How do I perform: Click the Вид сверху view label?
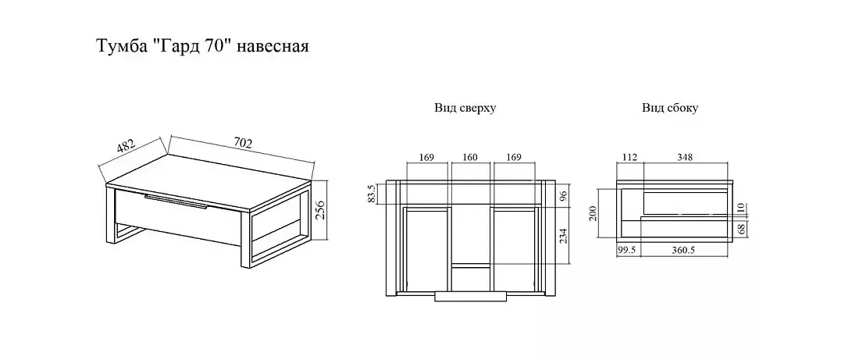pyautogui.click(x=465, y=108)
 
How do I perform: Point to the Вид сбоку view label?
pyautogui.click(x=670, y=108)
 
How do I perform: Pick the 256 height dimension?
pyautogui.click(x=319, y=210)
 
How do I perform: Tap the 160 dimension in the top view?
pyautogui.click(x=471, y=158)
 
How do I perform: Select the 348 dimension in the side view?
pyautogui.click(x=686, y=158)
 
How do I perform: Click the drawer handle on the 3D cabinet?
pyautogui.click(x=175, y=205)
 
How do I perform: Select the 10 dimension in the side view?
pyautogui.click(x=741, y=209)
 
